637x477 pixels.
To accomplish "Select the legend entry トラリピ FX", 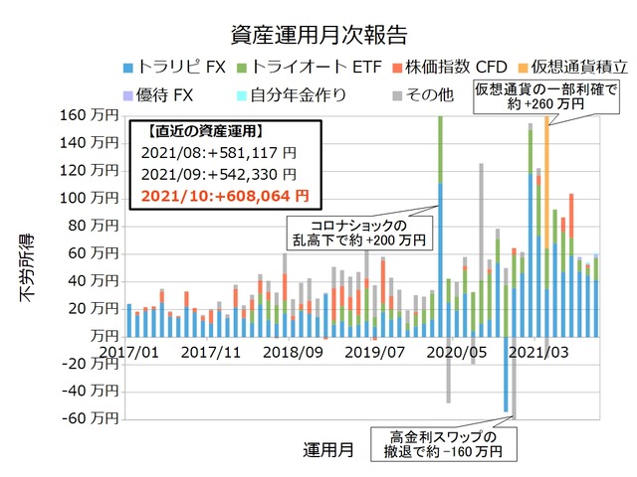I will click(x=171, y=66).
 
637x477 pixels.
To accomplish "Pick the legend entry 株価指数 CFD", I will click(x=424, y=66).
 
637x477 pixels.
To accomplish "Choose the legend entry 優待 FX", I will click(x=166, y=95).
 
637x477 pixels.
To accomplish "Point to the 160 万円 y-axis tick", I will click(x=90, y=115).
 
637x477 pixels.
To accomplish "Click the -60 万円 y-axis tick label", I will click(x=90, y=417).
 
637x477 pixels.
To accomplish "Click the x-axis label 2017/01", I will click(x=127, y=351).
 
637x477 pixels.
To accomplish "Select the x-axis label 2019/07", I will click(x=371, y=351).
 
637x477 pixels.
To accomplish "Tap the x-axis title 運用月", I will click(x=327, y=449).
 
